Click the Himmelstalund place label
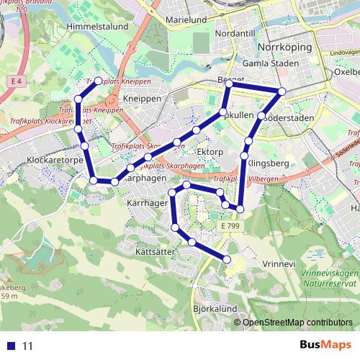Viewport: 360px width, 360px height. [97, 26]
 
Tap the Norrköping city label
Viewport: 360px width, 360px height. [284, 48]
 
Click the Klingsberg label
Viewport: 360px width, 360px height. [269, 163]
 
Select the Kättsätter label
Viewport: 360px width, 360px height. [155, 252]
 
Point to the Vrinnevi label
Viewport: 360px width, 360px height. [279, 264]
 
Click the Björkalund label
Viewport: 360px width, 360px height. [215, 308]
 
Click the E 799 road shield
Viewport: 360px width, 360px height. [231, 226]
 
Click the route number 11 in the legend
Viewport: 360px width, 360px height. [28, 346]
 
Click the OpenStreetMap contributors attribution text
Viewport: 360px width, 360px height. [297, 323]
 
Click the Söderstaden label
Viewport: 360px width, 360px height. [290, 117]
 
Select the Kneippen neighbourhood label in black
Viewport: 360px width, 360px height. [141, 99]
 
